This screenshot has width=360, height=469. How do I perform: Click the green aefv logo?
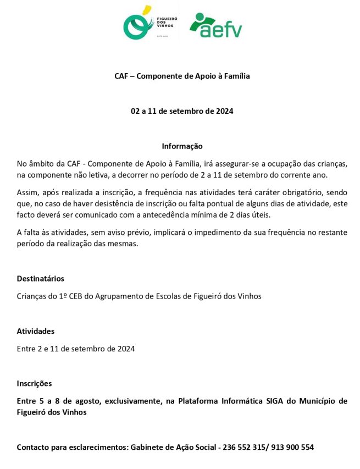(215, 25)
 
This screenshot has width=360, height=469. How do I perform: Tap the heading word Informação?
(182, 146)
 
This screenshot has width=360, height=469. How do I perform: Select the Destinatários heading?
(40, 279)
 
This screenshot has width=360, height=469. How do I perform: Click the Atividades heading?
(36, 331)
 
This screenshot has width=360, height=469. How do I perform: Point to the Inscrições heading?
(34, 383)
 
